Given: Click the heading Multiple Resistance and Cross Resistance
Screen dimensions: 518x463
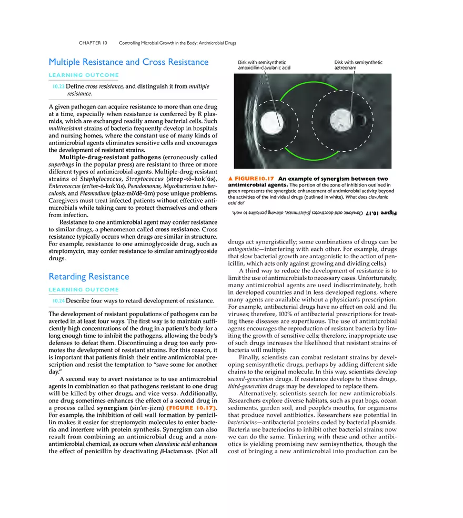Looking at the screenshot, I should click(128, 62).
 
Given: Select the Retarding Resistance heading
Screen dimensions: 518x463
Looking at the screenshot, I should click(88, 277).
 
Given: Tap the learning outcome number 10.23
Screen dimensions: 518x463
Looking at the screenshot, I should click(58, 86).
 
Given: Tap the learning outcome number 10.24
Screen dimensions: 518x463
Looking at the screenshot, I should click(58, 301).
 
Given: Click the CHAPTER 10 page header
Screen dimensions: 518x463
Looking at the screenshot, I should click(93, 43).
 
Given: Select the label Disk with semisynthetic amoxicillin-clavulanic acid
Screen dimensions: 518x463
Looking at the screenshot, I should click(264, 65).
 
